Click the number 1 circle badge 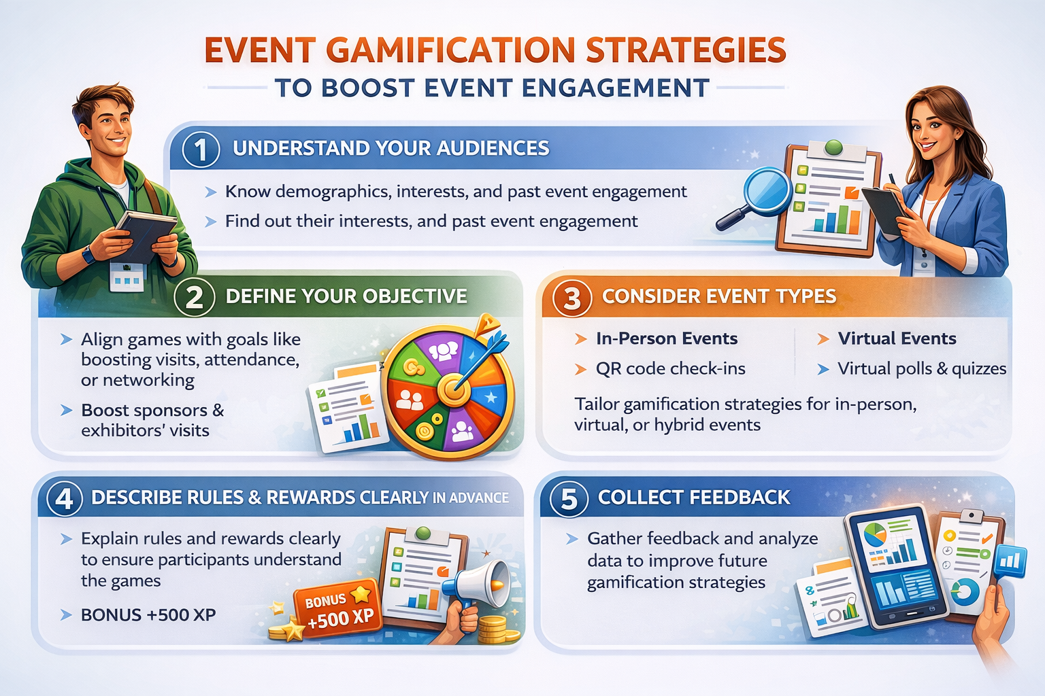coord(201,150)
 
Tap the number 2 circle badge coord(195,297)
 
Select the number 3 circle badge coord(571,298)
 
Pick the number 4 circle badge coord(65,499)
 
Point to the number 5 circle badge coord(569,499)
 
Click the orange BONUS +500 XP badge coord(337,608)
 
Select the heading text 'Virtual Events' coord(897,338)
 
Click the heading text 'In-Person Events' coord(666,338)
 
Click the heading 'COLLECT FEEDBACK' coord(694,498)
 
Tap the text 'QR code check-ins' coord(670,368)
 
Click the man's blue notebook coord(145,234)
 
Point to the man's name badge coord(127,277)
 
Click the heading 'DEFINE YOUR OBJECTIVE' coord(346,296)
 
